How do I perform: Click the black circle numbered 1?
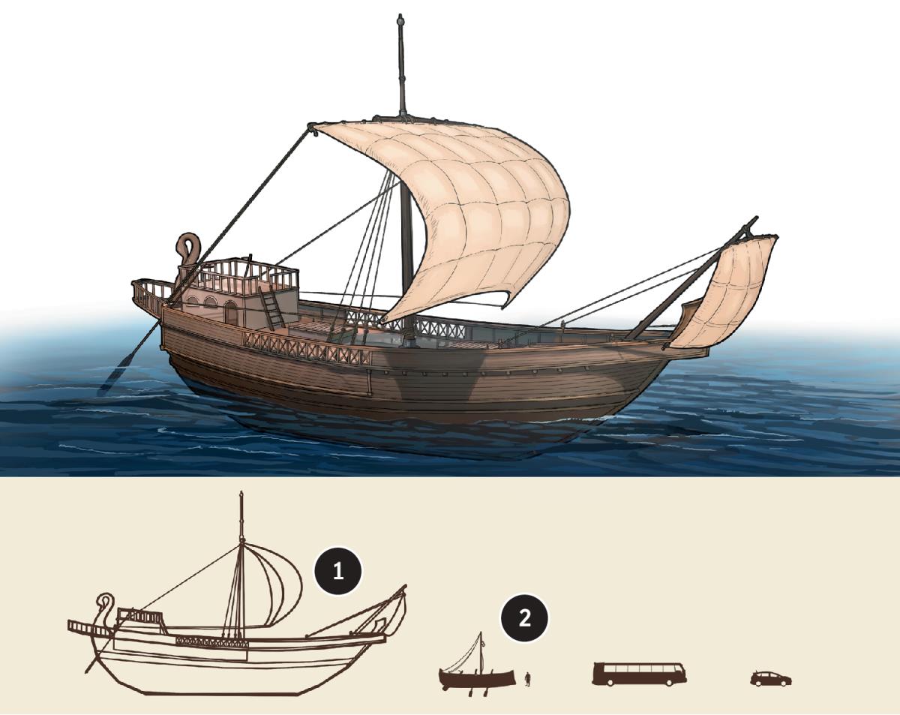(x=338, y=571)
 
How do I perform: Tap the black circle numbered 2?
(x=524, y=618)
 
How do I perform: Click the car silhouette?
(x=771, y=678)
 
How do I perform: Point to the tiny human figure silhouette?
(x=528, y=678)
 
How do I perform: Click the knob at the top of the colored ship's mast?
(x=400, y=19)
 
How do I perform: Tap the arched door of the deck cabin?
(x=230, y=313)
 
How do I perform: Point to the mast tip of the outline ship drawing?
(x=241, y=494)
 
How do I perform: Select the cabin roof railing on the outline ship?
(x=140, y=615)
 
